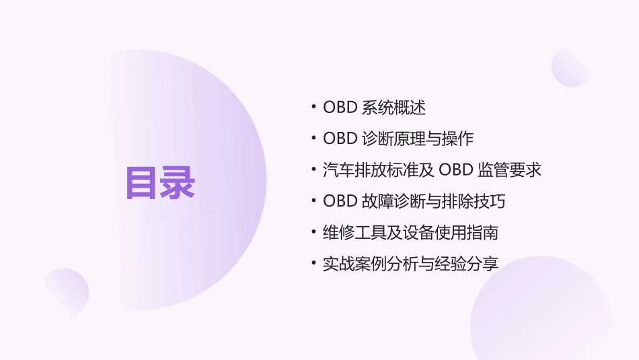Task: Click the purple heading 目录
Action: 160,182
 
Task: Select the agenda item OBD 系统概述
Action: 374,108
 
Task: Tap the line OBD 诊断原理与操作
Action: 398,139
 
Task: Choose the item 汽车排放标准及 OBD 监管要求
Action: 432,170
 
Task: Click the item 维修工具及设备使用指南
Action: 410,233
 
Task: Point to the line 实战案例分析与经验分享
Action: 410,264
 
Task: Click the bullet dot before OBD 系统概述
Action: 314,108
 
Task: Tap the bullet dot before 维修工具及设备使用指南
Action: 314,233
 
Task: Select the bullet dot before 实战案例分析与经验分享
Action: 314,264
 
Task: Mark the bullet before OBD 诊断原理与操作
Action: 314,139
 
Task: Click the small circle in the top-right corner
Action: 570,67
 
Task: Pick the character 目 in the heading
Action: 143,182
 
